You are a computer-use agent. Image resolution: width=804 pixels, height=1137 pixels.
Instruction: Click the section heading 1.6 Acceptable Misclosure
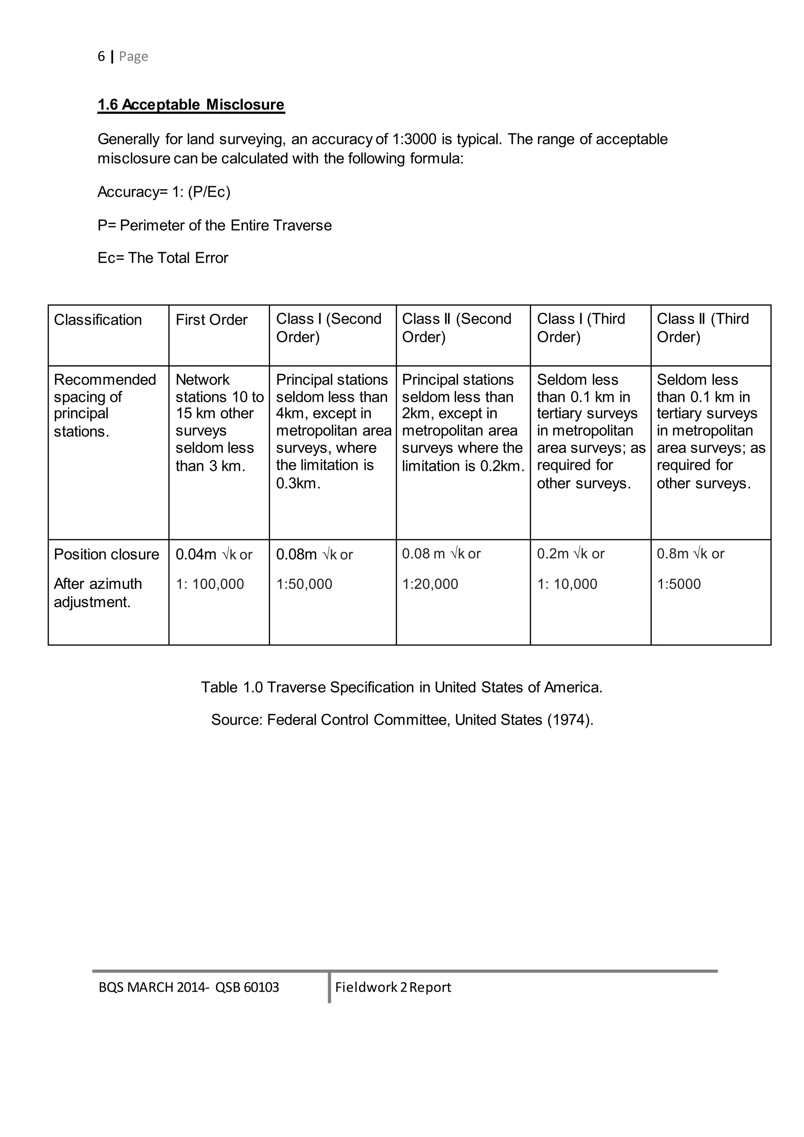point(191,104)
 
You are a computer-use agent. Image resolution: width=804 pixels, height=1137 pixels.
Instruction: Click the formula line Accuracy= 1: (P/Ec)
point(164,192)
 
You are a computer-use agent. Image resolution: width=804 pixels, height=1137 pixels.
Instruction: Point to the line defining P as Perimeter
point(214,225)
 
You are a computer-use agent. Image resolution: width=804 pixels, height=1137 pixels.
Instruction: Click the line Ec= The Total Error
point(163,258)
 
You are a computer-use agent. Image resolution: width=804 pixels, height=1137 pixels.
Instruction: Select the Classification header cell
point(98,320)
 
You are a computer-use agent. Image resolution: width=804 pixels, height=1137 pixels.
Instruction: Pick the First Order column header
point(211,320)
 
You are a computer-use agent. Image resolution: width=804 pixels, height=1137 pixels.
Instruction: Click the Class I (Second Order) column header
point(329,328)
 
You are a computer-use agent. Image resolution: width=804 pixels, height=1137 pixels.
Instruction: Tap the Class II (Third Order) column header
point(702,328)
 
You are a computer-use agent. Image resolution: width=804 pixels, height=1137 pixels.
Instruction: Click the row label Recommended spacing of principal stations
point(104,405)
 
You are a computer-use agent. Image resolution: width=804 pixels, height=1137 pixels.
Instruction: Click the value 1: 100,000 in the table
point(210,584)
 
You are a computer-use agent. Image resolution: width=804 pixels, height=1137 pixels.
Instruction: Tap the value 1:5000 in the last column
point(679,584)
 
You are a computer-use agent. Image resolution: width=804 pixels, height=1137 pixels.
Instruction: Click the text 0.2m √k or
point(571,554)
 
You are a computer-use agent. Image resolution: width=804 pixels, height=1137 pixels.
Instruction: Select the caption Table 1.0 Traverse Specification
point(402,687)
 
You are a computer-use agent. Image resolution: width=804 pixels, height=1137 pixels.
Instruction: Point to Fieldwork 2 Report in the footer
point(393,987)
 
